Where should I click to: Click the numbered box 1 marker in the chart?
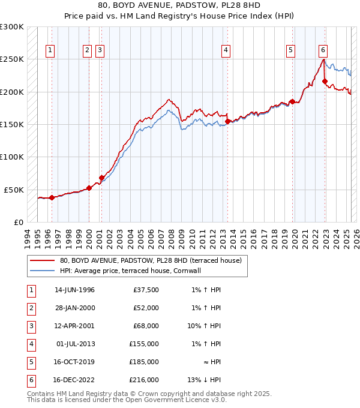click(49, 51)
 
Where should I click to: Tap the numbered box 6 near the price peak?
click(323, 50)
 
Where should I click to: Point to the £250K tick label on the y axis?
click(11, 59)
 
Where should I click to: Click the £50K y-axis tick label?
click(14, 190)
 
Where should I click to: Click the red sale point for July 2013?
click(227, 121)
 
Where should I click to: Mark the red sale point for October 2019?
click(292, 102)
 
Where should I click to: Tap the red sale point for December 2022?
click(325, 82)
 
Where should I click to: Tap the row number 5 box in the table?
click(31, 362)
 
